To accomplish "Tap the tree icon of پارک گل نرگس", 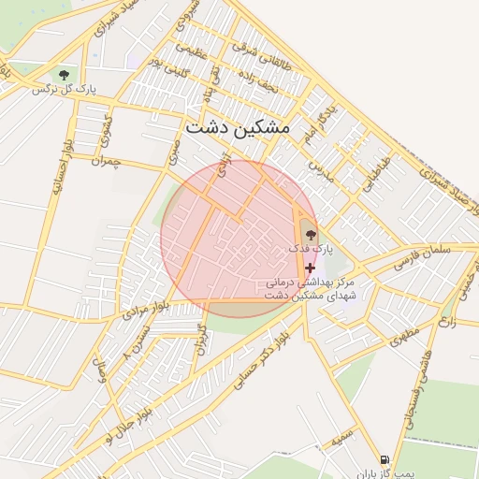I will [x=64, y=73].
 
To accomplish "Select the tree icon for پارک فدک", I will [x=311, y=235].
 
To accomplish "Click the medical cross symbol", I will [x=310, y=268].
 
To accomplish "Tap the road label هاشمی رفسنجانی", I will [x=421, y=399].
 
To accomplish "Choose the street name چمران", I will [x=108, y=162].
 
